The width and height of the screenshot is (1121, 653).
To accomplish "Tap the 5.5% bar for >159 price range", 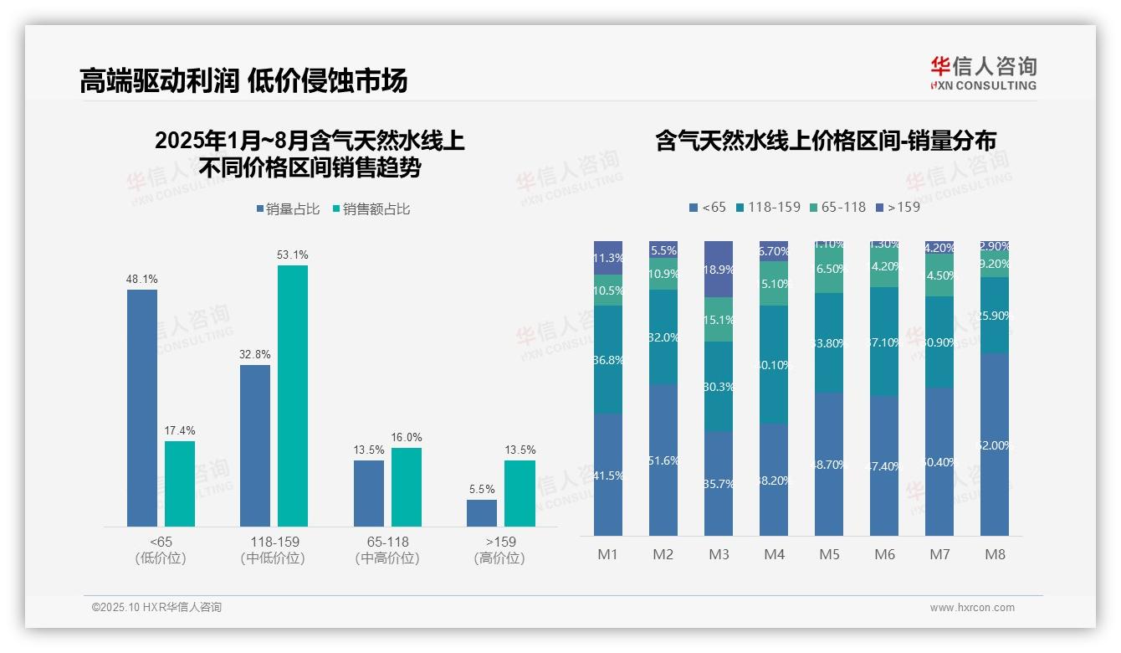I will [x=482, y=513].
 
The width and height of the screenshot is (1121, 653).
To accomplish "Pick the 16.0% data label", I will [x=407, y=437].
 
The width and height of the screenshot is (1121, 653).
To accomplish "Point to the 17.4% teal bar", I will [x=180, y=483].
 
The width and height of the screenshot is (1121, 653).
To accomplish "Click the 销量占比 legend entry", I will [x=288, y=209].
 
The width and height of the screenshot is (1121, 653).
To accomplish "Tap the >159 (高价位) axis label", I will [x=499, y=549].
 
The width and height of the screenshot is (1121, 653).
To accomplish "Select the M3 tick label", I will [x=719, y=554].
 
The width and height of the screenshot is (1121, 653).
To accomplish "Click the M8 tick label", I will [x=995, y=554].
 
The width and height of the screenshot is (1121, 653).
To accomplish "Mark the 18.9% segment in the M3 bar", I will [x=719, y=269].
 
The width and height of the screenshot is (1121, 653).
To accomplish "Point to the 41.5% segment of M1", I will [x=608, y=475].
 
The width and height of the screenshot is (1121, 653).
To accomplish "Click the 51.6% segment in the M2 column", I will [x=663, y=460].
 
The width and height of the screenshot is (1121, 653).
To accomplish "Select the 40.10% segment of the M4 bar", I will [x=774, y=364].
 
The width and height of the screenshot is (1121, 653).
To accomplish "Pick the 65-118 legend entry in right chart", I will [x=837, y=207].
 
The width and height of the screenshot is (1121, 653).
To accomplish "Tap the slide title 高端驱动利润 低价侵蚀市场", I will [x=243, y=80].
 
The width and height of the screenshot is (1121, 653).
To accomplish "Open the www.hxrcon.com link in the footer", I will [x=972, y=608].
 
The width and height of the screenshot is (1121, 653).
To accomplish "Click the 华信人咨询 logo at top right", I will [x=983, y=73].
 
